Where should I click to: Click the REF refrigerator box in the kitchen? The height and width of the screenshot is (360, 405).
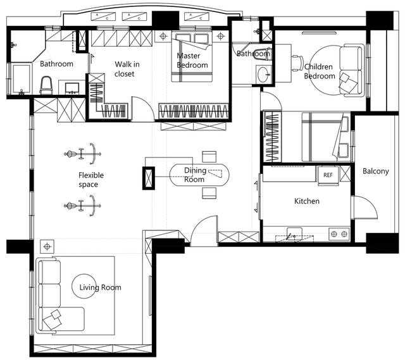[328, 175]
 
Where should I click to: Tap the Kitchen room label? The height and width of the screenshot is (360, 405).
[307, 201]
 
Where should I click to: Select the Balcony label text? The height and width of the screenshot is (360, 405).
[376, 171]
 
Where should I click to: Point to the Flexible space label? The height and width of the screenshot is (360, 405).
[91, 180]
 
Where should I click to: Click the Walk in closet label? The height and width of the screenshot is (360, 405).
[127, 69]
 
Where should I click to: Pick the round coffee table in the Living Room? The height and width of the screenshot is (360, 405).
[84, 287]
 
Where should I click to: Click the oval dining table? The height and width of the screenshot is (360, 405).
[199, 175]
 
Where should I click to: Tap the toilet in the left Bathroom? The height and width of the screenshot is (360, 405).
[46, 85]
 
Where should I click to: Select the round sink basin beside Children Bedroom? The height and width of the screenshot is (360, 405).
[264, 75]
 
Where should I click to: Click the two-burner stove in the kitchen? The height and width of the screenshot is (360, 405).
[339, 234]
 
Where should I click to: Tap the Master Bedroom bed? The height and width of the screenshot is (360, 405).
[192, 56]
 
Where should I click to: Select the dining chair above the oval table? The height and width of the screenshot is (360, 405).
[209, 157]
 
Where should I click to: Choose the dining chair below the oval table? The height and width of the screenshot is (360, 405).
[209, 193]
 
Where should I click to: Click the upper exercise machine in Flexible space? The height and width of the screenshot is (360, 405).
[83, 154]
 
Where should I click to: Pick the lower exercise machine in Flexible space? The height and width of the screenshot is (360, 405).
[83, 206]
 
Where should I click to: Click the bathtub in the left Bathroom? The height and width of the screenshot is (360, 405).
[21, 78]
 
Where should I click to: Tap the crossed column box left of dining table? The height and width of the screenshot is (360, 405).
[149, 178]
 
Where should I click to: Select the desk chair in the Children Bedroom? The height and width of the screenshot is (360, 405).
[298, 63]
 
